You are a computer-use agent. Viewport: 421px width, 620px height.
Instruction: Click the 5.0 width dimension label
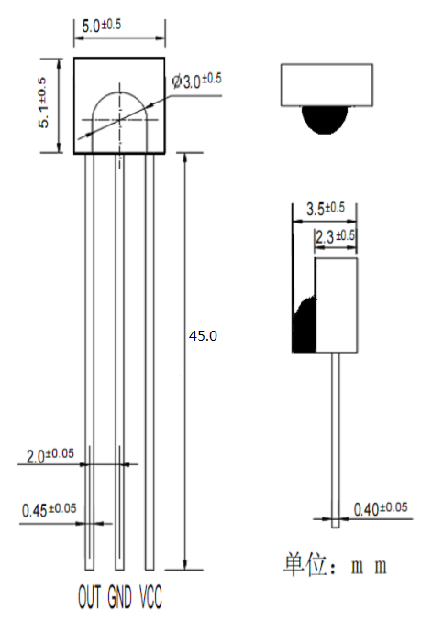(102, 26)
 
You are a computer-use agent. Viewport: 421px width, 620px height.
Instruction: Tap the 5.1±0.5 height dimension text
(43, 103)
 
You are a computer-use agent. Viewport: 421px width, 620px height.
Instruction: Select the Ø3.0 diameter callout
(197, 82)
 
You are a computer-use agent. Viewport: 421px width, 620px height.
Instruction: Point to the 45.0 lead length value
(203, 336)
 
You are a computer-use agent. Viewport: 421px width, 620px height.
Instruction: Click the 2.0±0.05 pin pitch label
(50, 455)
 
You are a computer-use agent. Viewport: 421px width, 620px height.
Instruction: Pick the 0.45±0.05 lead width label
(50, 510)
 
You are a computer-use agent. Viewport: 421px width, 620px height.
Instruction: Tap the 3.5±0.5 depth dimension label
(326, 209)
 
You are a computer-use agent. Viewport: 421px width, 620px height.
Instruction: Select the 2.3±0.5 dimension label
(336, 237)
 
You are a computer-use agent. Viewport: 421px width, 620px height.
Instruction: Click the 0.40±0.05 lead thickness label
(381, 509)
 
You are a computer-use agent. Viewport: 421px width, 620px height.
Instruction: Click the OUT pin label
(90, 596)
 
